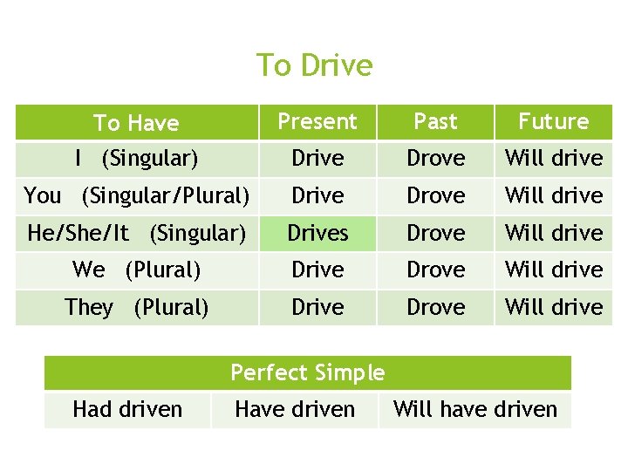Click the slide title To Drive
[314, 65]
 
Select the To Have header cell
[136, 123]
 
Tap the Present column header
[317, 122]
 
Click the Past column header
[435, 122]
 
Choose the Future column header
[554, 122]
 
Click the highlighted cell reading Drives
[317, 233]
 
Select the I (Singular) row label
[136, 159]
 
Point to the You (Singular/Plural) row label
[136, 195]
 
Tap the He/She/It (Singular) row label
[136, 233]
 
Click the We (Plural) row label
[136, 270]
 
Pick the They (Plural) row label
[136, 307]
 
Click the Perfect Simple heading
[307, 373]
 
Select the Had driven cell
[127, 409]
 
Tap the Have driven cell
[295, 409]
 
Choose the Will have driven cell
[475, 409]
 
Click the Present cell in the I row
[317, 159]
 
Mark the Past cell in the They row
[435, 307]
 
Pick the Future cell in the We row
[554, 270]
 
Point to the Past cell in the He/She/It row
[435, 233]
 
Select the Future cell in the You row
[554, 195]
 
